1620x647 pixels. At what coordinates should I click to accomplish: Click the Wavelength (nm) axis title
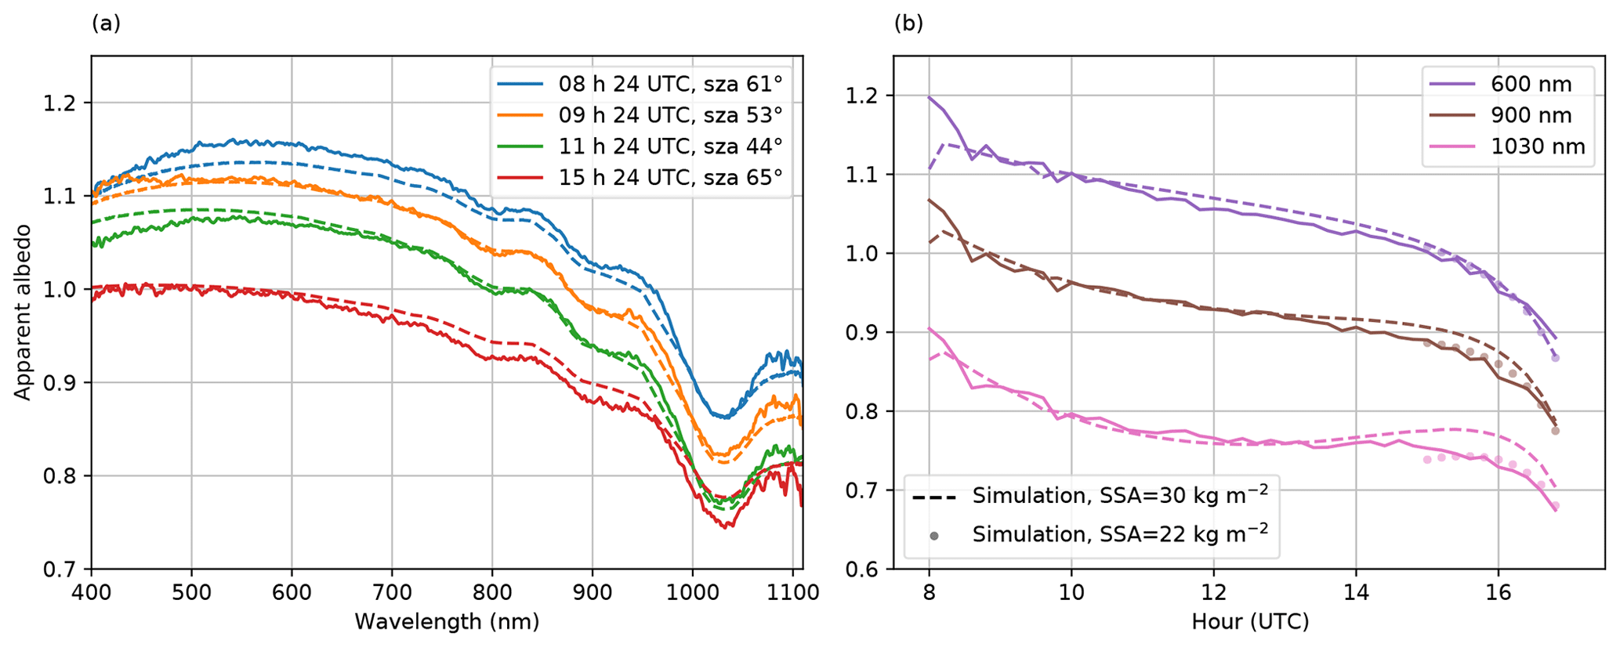click(447, 622)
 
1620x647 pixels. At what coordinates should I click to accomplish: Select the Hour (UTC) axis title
click(1250, 622)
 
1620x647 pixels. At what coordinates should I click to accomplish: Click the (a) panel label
click(106, 23)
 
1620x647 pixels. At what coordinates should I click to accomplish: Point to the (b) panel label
click(908, 23)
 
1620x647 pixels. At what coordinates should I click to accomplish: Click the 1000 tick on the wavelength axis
click(693, 592)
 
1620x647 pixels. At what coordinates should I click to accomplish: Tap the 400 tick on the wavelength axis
click(92, 592)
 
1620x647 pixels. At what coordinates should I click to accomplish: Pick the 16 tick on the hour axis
click(1498, 592)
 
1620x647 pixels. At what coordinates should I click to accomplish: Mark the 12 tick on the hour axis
click(1213, 592)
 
